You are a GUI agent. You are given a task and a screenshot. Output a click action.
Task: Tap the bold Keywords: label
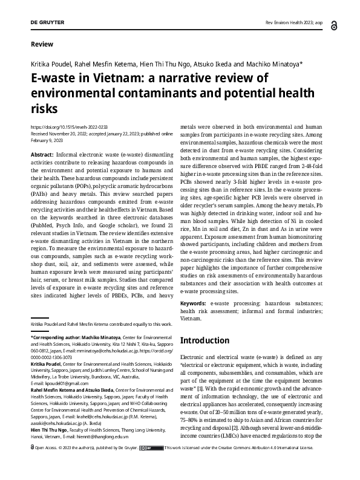[x=197, y=302]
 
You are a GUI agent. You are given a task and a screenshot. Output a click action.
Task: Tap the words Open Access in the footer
[x=48, y=465]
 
